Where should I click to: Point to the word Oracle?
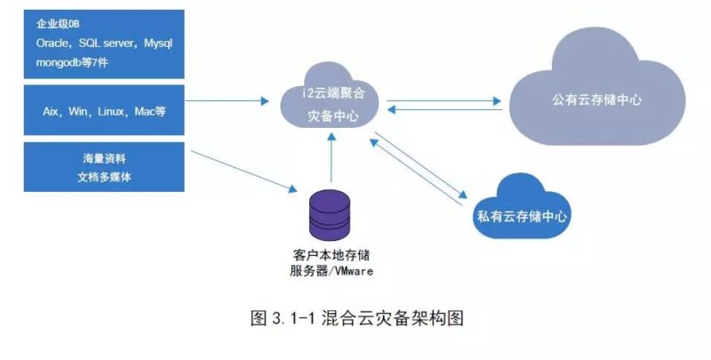[x=52, y=43]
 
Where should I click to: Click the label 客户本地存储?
[x=328, y=253]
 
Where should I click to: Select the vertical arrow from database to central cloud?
[x=330, y=160]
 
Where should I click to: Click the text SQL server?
[x=108, y=43]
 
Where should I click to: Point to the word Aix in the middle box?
[x=52, y=111]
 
